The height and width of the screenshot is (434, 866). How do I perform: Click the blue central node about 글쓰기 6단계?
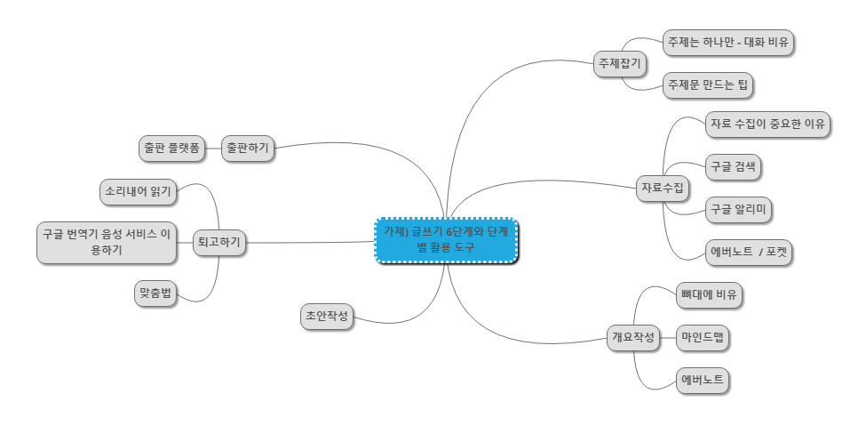tap(446, 240)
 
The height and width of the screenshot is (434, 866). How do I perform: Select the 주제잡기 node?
tap(619, 64)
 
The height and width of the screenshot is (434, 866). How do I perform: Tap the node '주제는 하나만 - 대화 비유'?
tap(728, 42)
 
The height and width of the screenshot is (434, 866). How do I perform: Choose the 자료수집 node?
tap(663, 188)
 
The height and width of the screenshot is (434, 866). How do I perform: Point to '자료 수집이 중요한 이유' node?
tap(767, 125)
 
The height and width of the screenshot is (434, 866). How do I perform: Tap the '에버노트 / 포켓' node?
tap(748, 253)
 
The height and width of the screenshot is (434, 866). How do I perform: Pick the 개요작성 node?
tap(632, 337)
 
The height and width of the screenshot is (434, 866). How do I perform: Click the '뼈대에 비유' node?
tap(708, 294)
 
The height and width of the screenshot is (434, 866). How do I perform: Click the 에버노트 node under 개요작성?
tap(702, 381)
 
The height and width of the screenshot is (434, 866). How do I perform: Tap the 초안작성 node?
tap(326, 315)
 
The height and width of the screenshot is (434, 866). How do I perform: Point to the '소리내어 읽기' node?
tap(138, 190)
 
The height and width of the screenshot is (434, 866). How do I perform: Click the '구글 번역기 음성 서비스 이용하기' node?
tap(107, 243)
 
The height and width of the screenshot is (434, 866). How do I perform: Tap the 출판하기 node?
tap(248, 148)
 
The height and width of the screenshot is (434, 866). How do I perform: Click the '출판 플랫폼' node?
tap(171, 148)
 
